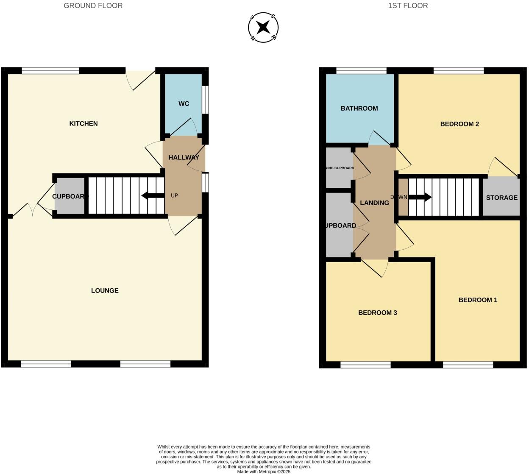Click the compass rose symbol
[x=263, y=28]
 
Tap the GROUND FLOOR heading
[x=93, y=6]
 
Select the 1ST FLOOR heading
[x=408, y=6]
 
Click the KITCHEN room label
[x=84, y=123]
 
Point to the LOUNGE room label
[x=105, y=290]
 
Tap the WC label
[x=184, y=104]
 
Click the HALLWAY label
[x=184, y=157]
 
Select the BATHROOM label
[x=359, y=108]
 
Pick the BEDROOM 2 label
[x=459, y=124]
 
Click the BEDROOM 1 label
[x=478, y=300]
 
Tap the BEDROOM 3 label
[x=377, y=312]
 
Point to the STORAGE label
[x=501, y=198]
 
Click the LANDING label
[x=374, y=203]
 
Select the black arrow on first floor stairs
[x=420, y=197]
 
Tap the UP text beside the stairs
[x=174, y=195]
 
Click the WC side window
[x=205, y=100]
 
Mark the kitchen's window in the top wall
[x=50, y=71]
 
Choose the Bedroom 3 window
[x=365, y=365]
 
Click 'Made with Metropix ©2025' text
[x=264, y=471]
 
